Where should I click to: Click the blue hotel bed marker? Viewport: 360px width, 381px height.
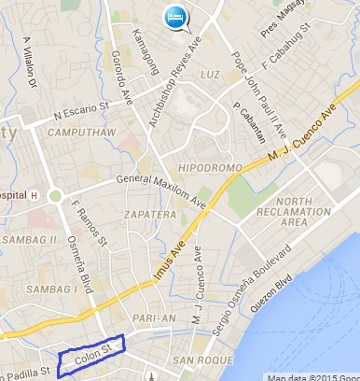tap(174, 17)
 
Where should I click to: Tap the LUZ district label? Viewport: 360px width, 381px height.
tap(211, 73)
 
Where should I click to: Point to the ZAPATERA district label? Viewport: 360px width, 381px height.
tap(147, 214)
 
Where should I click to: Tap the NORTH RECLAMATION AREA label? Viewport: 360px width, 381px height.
tap(306, 212)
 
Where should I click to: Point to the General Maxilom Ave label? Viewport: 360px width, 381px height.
tap(159, 190)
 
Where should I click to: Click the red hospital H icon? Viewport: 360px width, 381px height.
tap(34, 196)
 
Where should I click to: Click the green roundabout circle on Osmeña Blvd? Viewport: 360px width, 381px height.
tap(56, 196)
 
